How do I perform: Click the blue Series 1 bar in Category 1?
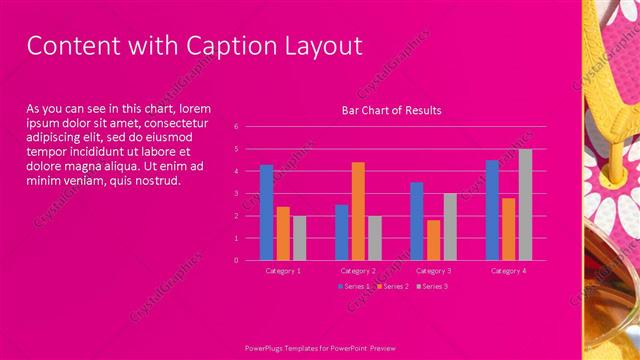click(266, 212)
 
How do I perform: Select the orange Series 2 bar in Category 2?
click(358, 211)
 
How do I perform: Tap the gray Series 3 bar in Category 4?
click(525, 204)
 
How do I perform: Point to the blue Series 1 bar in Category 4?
click(492, 210)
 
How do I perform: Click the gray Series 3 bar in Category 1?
click(299, 238)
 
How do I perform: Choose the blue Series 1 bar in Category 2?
click(342, 232)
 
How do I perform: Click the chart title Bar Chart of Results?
click(391, 110)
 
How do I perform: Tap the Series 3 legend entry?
click(432, 286)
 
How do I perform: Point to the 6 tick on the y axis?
click(235, 127)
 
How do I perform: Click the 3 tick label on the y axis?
click(235, 193)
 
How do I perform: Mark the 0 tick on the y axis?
click(235, 260)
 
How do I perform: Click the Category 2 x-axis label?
click(358, 271)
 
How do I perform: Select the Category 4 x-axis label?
click(509, 271)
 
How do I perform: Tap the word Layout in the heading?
click(318, 46)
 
